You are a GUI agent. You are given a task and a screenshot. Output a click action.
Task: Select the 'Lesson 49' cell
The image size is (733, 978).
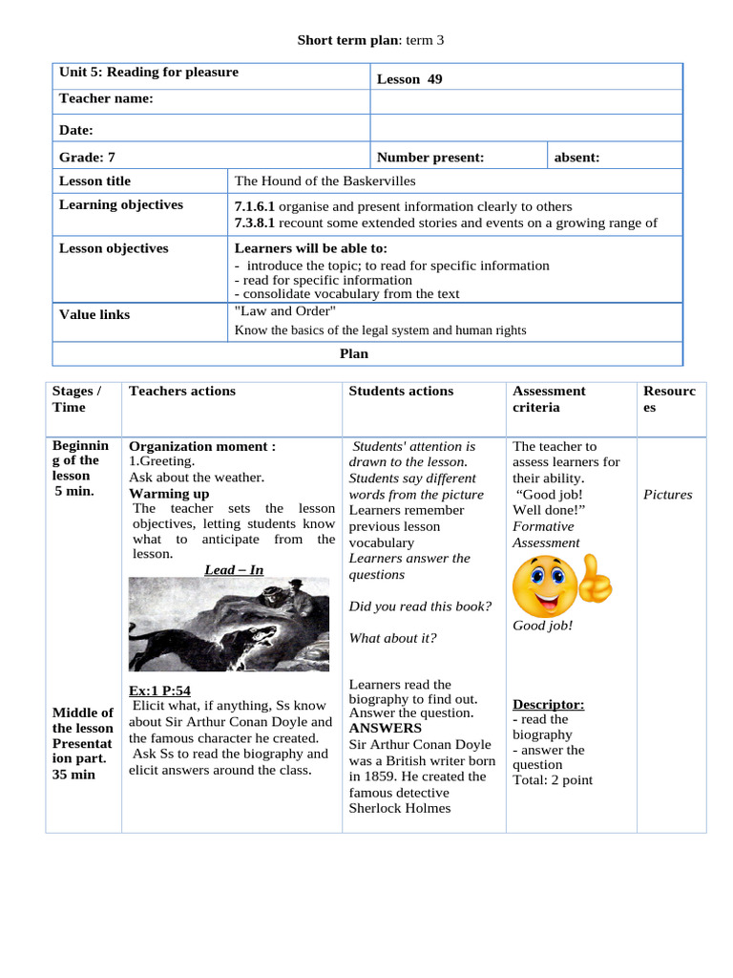coord(409,79)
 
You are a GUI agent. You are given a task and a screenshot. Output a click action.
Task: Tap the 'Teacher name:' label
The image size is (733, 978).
coord(106,99)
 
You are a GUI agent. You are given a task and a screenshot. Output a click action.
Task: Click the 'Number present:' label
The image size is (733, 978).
coord(430,158)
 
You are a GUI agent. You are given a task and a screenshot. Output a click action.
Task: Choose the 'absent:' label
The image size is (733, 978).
coord(576,158)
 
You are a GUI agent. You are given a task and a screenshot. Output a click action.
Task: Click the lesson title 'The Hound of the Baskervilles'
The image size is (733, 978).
coord(325,181)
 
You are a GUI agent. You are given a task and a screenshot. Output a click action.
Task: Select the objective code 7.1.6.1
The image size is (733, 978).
coord(255,206)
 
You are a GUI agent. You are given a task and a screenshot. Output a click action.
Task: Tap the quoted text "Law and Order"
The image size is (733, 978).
coord(284,310)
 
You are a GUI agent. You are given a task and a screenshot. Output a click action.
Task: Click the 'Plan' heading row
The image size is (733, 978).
coord(354,353)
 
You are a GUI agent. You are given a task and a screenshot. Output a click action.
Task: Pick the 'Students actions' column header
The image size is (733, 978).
coord(401,391)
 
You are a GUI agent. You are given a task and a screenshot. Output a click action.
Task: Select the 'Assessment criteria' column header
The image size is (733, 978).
coord(549,398)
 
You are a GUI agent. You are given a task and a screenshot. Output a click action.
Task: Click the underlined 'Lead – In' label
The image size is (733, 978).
coord(234,570)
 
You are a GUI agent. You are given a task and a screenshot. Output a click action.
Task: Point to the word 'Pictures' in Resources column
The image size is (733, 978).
coord(667,495)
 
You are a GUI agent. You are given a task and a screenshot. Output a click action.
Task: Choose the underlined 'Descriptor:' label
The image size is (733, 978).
coord(548,704)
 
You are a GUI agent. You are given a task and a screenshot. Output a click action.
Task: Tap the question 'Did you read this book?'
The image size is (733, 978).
coord(420,606)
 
